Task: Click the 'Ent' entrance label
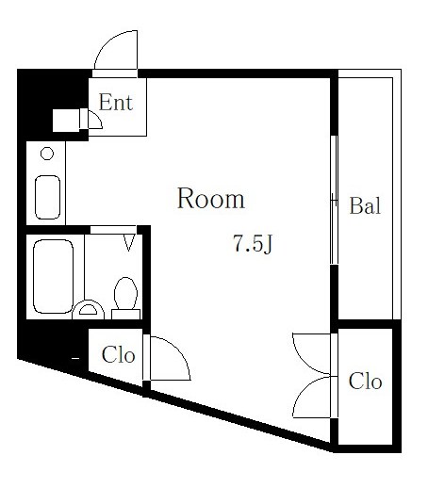pos(116,102)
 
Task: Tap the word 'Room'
pos(211,199)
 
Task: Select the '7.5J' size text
pos(252,244)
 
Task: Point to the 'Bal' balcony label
pos(365,206)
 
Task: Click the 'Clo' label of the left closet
pos(118,356)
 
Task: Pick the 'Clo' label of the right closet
pos(365,382)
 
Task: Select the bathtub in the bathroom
pos(53,274)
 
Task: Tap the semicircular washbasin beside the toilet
pos(88,307)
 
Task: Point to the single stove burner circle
pos(47,154)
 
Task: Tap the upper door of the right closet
pos(314,353)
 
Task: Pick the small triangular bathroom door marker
pos(129,243)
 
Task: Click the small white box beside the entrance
pos(66,119)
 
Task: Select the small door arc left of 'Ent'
pos(94,119)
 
